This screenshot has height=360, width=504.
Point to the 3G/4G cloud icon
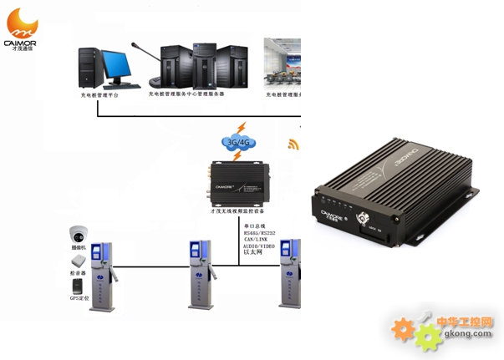239,142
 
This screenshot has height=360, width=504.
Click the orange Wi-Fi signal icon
293,144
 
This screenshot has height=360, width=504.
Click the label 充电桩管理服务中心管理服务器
186,94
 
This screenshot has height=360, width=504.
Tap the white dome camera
79,234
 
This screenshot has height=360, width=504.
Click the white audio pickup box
79,261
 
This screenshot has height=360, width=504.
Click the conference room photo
282,63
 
